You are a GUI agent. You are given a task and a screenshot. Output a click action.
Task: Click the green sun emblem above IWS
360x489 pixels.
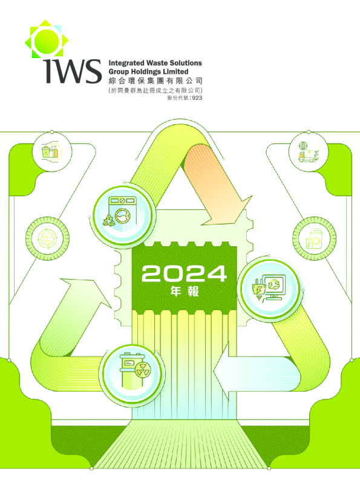click(x=47, y=39)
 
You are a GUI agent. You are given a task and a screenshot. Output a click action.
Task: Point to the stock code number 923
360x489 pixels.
click(x=197, y=98)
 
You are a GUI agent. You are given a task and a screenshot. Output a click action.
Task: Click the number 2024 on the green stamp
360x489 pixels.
click(x=184, y=274)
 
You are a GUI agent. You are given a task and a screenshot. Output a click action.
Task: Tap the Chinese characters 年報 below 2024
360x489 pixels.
click(x=185, y=291)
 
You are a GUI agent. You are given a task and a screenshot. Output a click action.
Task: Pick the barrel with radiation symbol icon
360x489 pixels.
click(x=132, y=371)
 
